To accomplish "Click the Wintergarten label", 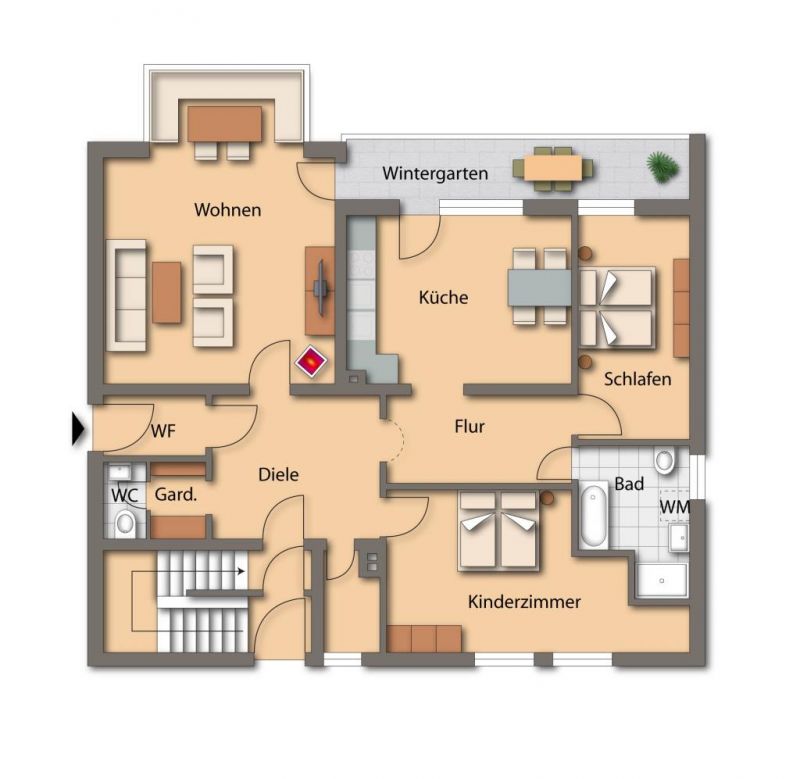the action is (x=435, y=174).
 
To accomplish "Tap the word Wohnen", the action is (x=228, y=210).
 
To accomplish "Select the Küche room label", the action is (x=443, y=297).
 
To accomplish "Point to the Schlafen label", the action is (x=637, y=379).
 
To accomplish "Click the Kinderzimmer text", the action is (x=524, y=602).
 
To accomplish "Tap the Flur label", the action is (x=469, y=426).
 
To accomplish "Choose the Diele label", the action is (x=279, y=475).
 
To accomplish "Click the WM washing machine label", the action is (x=674, y=507).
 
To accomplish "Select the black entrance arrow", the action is (x=78, y=429).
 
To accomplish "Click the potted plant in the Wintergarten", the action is (x=663, y=166).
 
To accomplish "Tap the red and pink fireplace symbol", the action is (x=311, y=362).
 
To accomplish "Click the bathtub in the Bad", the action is (x=593, y=515).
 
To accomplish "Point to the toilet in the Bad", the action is (x=664, y=460).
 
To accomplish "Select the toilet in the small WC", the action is (x=124, y=523).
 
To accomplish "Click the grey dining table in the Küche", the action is (x=539, y=288).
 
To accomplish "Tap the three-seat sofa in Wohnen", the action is (x=126, y=295).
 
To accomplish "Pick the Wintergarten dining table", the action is (x=553, y=168).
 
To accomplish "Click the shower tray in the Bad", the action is (x=662, y=580).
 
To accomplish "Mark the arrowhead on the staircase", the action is (x=241, y=571).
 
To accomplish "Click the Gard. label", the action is (x=176, y=494).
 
